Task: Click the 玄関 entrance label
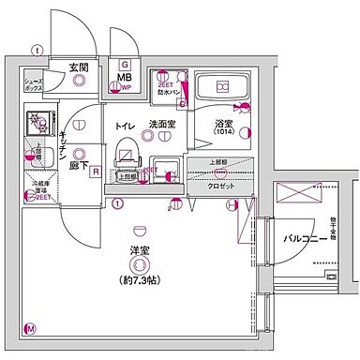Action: [x=78, y=67]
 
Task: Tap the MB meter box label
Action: [x=124, y=79]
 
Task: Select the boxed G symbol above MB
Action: [x=124, y=63]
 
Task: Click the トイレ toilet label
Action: [x=124, y=125]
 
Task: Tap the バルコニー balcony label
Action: [x=305, y=237]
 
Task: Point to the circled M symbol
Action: [x=30, y=329]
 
